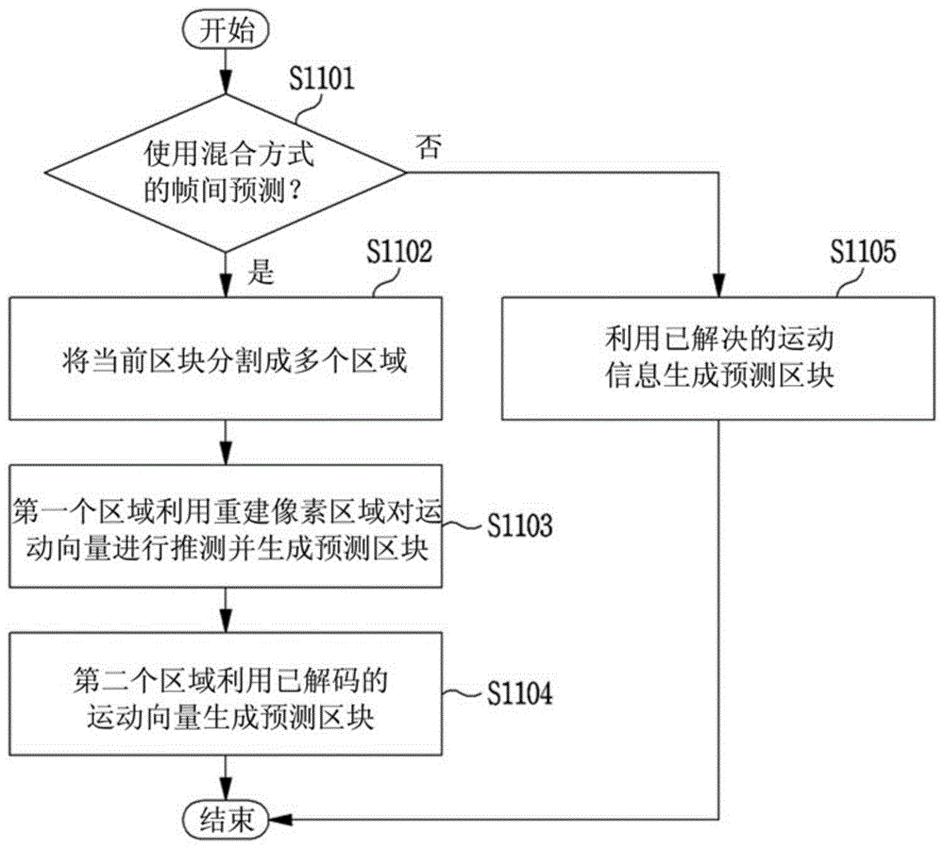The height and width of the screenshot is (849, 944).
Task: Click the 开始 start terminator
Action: pyautogui.click(x=226, y=30)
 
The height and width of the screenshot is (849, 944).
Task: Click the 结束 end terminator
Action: pyautogui.click(x=226, y=819)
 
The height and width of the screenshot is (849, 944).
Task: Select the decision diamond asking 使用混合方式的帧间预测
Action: pyautogui.click(x=226, y=173)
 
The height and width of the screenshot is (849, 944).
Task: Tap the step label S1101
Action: pyautogui.click(x=322, y=79)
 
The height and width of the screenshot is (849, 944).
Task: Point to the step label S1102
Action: pyautogui.click(x=399, y=252)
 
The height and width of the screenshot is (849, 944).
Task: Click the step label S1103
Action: pyautogui.click(x=519, y=525)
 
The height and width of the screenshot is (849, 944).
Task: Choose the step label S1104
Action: pyautogui.click(x=519, y=692)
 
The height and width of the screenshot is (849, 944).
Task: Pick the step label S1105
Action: pyautogui.click(x=864, y=252)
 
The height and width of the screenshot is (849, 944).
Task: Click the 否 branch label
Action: pyautogui.click(x=429, y=147)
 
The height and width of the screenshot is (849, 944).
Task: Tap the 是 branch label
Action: pyautogui.click(x=261, y=272)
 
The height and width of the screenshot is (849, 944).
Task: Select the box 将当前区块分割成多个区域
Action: pyautogui.click(x=226, y=358)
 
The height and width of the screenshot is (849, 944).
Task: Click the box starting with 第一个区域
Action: pyautogui.click(x=226, y=525)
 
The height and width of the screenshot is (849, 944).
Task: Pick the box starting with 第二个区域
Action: pyautogui.click(x=226, y=693)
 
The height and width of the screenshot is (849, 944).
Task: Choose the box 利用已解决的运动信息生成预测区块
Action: pyautogui.click(x=718, y=358)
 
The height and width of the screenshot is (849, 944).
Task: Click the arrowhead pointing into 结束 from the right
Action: pyautogui.click(x=280, y=819)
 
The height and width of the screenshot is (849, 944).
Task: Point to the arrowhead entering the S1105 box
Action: pyautogui.click(x=718, y=286)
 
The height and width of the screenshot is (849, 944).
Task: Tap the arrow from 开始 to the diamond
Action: pyautogui.click(x=226, y=71)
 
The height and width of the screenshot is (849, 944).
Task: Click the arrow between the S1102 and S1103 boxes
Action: pyautogui.click(x=226, y=442)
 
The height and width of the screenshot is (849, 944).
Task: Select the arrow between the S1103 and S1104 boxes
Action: pyautogui.click(x=226, y=610)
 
